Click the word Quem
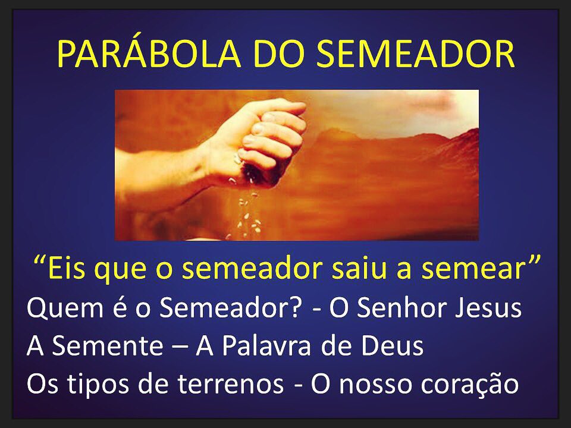pos(60,310)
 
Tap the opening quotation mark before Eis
pos(42,262)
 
